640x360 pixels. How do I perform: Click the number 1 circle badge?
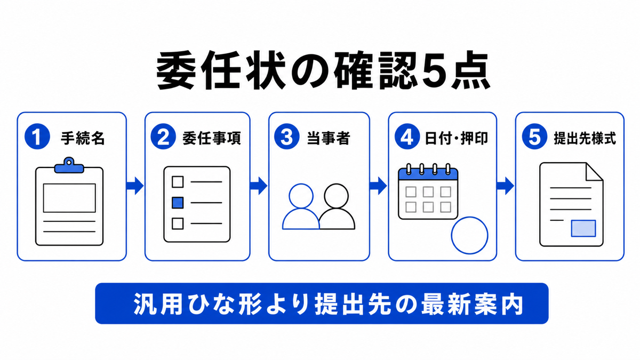pyautogui.click(x=37, y=137)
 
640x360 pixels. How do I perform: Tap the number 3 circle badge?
pyautogui.click(x=286, y=137)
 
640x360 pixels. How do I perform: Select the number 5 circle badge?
pyautogui.click(x=534, y=137)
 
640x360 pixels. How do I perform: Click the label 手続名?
pyautogui.click(x=83, y=138)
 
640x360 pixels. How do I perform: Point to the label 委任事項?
pyautogui.click(x=211, y=138)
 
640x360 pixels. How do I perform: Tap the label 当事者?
pyautogui.click(x=329, y=138)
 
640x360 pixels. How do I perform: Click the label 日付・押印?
pyautogui.click(x=457, y=138)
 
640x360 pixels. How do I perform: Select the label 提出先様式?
pyautogui.click(x=585, y=138)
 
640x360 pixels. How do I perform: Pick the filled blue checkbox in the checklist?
pyautogui.click(x=178, y=203)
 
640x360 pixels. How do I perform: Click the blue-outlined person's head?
pyautogui.click(x=301, y=196)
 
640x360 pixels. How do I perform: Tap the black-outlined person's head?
pyautogui.click(x=337, y=196)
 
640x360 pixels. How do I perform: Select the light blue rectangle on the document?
pyautogui.click(x=583, y=228)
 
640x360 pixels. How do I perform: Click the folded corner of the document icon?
pyautogui.click(x=594, y=172)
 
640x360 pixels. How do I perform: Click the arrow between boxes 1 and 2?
pyautogui.click(x=134, y=186)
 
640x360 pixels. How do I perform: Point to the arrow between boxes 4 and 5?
pyautogui.click(x=506, y=186)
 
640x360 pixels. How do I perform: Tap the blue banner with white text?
pyautogui.click(x=322, y=303)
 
